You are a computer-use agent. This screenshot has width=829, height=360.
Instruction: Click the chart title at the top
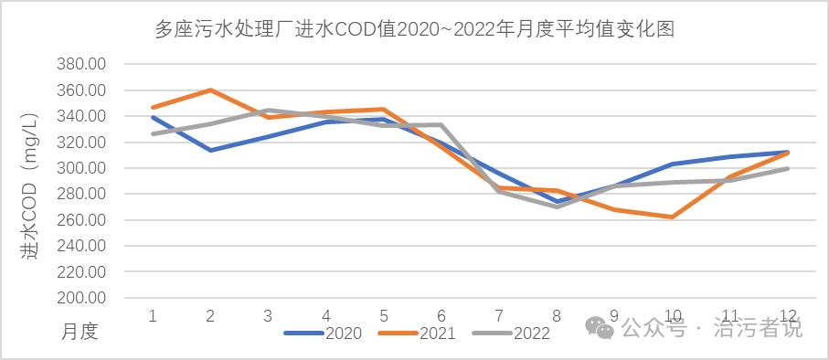(414, 29)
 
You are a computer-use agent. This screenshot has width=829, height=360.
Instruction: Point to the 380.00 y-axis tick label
(81, 64)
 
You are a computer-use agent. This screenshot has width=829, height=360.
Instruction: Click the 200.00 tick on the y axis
(81, 298)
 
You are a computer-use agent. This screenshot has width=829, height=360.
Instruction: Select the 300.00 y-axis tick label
(81, 168)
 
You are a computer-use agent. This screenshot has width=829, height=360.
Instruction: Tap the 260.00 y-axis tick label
(81, 220)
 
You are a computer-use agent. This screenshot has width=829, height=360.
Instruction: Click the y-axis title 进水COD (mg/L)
(29, 183)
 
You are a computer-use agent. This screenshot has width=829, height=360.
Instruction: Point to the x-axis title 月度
(80, 330)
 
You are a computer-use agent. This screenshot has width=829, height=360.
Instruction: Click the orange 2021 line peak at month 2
(210, 90)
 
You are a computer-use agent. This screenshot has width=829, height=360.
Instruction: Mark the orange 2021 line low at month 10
(673, 217)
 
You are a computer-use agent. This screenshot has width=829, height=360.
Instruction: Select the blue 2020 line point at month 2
(210, 150)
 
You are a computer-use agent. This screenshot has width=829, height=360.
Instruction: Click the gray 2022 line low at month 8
(557, 206)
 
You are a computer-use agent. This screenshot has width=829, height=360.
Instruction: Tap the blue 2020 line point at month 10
(673, 164)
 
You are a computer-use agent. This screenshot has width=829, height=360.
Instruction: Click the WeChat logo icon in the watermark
(600, 327)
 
